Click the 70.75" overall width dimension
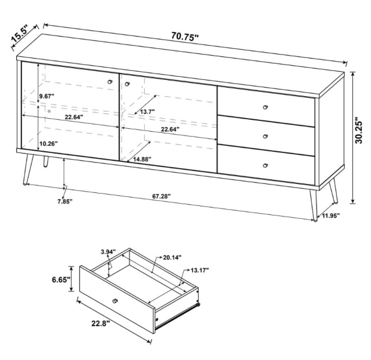click(185, 37)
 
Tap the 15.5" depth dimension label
click(20, 35)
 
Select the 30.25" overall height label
click(359, 133)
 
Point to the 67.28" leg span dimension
click(162, 196)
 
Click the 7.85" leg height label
click(65, 201)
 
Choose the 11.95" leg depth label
click(331, 215)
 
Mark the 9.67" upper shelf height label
click(47, 96)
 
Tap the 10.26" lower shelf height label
click(48, 143)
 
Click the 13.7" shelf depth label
click(147, 111)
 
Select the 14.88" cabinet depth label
click(142, 159)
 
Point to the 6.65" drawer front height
click(61, 280)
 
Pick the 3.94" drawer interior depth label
click(108, 251)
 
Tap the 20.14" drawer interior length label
click(172, 257)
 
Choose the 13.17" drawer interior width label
click(200, 270)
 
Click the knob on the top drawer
click(266, 107)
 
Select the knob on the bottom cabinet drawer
click(266, 165)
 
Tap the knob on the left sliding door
click(110, 82)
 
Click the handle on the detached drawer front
click(115, 301)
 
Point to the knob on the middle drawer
click(266, 136)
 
